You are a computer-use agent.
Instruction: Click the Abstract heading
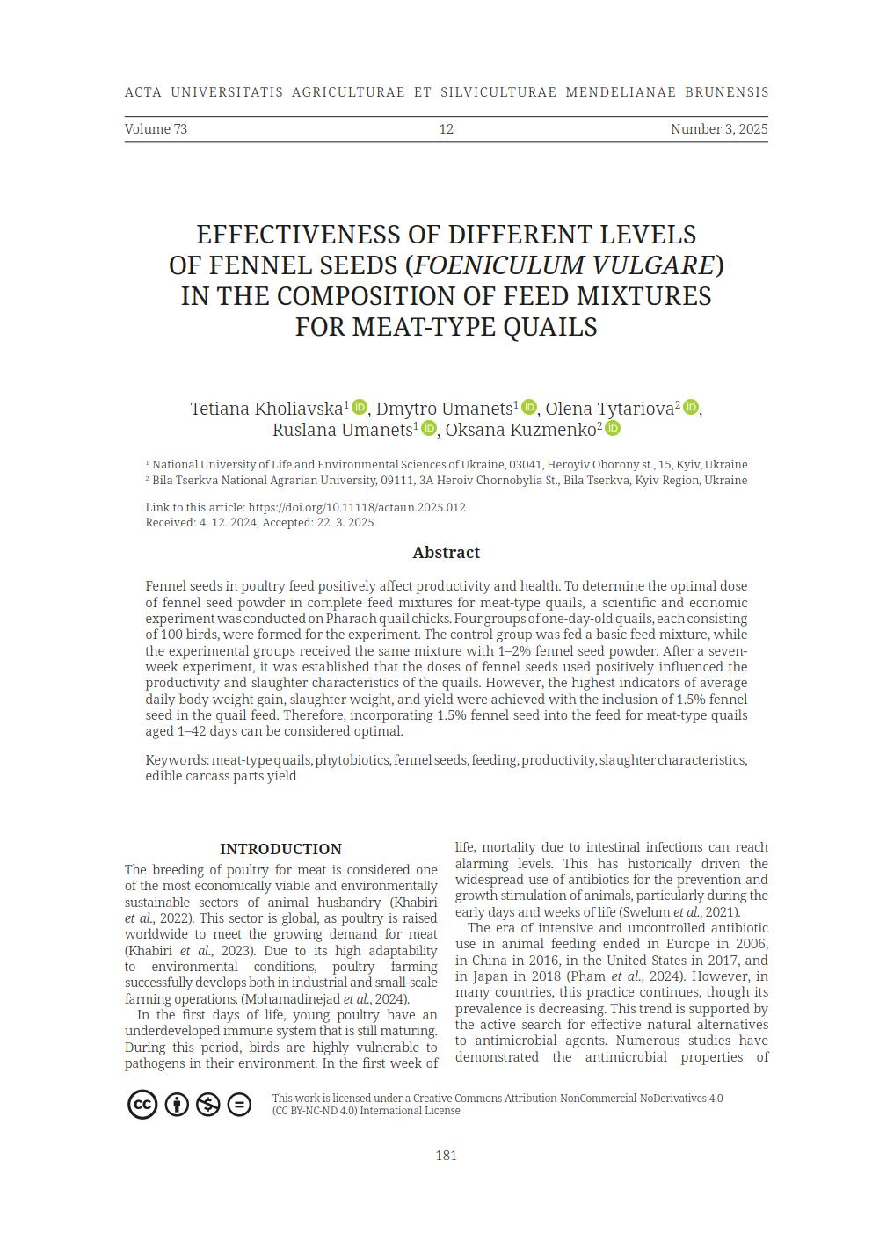pyautogui.click(x=446, y=553)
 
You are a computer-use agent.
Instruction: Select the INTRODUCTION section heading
pyautogui.click(x=280, y=849)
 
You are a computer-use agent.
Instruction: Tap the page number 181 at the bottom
pyautogui.click(x=446, y=1156)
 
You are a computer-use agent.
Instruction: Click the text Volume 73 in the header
pyautogui.click(x=156, y=129)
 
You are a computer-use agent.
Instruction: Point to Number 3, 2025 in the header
pyautogui.click(x=718, y=129)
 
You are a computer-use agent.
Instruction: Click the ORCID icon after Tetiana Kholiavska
pyautogui.click(x=359, y=407)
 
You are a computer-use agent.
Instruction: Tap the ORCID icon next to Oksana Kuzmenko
pyautogui.click(x=613, y=428)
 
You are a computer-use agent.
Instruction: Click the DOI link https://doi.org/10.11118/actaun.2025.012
pyautogui.click(x=357, y=507)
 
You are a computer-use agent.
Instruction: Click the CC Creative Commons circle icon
pyautogui.click(x=142, y=1104)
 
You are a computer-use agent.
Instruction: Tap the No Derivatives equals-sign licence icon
pyautogui.click(x=239, y=1104)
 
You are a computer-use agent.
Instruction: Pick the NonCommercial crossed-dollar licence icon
pyautogui.click(x=207, y=1104)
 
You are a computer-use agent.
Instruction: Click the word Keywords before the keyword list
pyautogui.click(x=176, y=760)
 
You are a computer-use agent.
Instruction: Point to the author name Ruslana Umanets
pyautogui.click(x=342, y=430)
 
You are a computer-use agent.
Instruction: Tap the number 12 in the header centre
pyautogui.click(x=446, y=129)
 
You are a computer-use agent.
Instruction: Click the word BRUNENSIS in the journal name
pyautogui.click(x=726, y=92)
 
